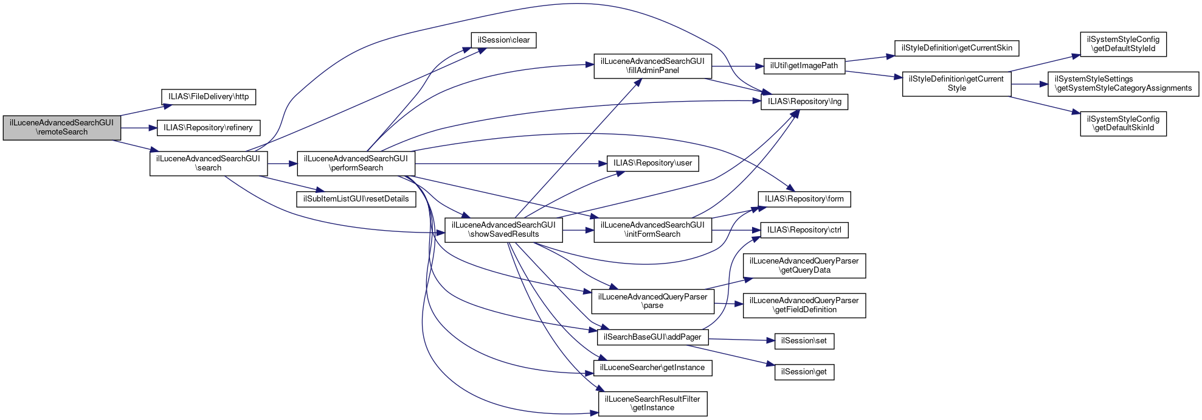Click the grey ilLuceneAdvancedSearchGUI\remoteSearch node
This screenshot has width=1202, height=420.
tap(61, 127)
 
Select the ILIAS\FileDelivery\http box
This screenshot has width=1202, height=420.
tap(209, 97)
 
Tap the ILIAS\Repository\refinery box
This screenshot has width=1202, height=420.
tap(208, 128)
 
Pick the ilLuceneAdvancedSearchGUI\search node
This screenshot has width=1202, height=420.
tap(208, 163)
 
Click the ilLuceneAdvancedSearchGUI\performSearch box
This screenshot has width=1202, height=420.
tap(356, 163)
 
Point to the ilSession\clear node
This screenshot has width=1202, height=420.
tap(503, 40)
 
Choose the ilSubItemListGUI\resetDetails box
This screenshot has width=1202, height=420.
tap(356, 199)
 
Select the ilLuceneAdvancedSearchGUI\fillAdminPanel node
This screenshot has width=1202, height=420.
tap(652, 66)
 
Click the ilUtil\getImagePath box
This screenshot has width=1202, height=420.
tap(804, 66)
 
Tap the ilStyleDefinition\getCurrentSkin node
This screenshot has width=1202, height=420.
tap(956, 48)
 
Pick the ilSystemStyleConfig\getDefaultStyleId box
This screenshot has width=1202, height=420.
tap(1123, 44)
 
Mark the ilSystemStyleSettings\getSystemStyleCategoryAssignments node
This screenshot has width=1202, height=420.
tap(1123, 84)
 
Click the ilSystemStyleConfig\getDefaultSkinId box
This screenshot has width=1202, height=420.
tap(1123, 124)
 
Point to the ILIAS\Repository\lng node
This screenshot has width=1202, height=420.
tap(804, 102)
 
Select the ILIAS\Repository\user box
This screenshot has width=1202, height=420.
tap(652, 163)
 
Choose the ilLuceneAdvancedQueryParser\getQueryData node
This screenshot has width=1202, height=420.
tap(804, 265)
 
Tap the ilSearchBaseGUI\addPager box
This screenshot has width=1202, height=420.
tap(652, 337)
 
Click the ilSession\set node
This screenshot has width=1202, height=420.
tap(804, 341)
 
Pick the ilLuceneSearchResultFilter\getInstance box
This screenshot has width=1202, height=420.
tap(652, 404)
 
